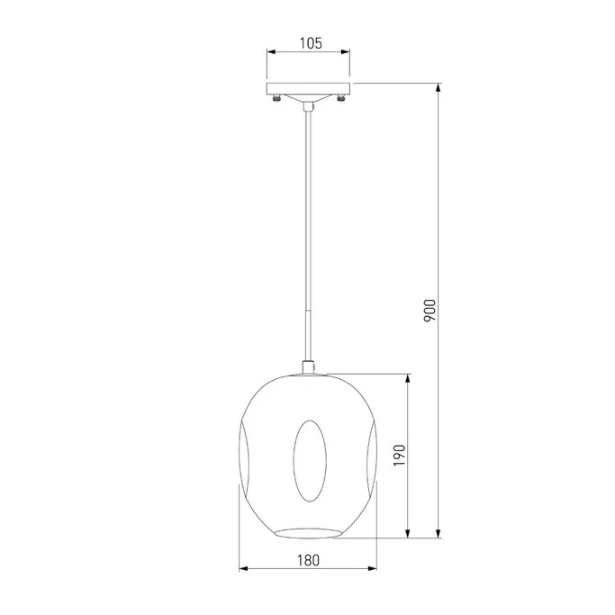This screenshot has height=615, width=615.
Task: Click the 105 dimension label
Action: pos(311,43)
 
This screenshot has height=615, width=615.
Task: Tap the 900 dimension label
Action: pos(430,311)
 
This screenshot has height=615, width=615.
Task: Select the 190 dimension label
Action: pos(399,456)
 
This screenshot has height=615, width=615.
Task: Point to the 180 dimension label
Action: pos(308,560)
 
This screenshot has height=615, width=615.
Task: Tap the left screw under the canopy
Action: pos(277,97)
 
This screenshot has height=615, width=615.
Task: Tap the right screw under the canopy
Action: pos(340,97)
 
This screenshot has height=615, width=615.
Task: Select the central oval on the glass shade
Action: pos(310,461)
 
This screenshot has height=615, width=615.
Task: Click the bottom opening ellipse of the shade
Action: pos(308,533)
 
